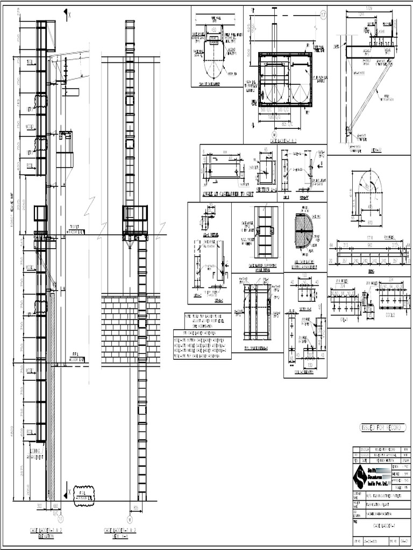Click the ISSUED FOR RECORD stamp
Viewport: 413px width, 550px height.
coord(383,427)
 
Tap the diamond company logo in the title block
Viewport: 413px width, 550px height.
coord(359,476)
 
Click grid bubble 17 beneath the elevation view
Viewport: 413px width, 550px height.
coord(60,519)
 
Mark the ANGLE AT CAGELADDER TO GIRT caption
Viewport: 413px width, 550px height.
coord(227,194)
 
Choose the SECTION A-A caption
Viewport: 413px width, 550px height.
coord(266,190)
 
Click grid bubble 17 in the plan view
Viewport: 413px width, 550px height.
coord(323,14)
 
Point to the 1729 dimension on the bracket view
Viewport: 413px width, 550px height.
coord(368,10)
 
